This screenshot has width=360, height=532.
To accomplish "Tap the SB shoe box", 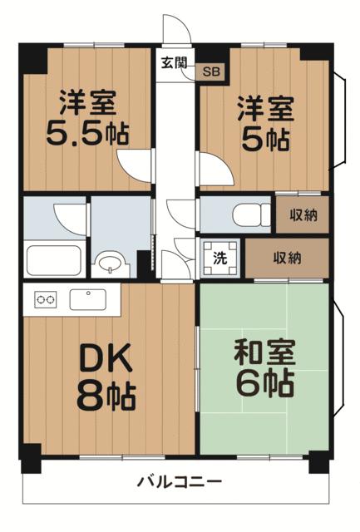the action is (x=211, y=71).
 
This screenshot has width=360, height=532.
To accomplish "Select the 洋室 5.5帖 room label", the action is (x=87, y=118).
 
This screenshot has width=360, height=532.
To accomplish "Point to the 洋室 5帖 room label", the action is (x=265, y=124).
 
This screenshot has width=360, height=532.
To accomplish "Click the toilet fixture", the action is (x=252, y=214).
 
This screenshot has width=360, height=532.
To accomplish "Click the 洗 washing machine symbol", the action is (x=220, y=259).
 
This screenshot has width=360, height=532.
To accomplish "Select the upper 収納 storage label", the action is (x=303, y=215).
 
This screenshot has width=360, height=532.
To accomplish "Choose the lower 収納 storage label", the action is (x=288, y=259).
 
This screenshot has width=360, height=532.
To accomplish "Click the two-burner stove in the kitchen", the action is (x=46, y=300).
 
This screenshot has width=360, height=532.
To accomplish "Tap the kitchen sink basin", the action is (x=88, y=299).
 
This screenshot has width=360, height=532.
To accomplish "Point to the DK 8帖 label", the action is (x=106, y=377).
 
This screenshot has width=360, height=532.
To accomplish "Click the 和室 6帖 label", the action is (x=264, y=368).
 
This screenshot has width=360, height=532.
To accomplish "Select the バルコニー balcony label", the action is (x=180, y=481).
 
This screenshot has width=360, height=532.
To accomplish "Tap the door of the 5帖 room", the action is (x=215, y=169).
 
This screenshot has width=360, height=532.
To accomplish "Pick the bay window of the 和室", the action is (x=339, y=357).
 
